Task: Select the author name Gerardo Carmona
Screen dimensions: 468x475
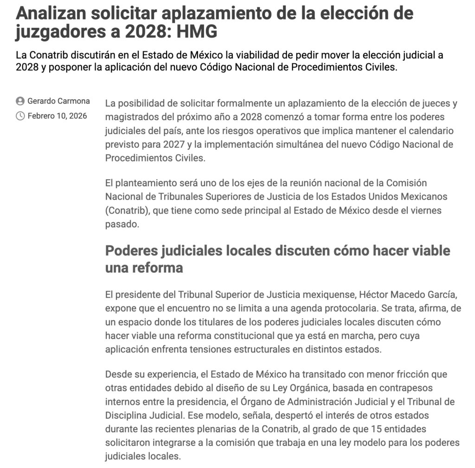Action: [59, 101]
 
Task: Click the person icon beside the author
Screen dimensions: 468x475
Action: [20, 101]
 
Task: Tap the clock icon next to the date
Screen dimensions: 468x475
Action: [20, 116]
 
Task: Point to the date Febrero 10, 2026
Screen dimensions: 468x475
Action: [57, 116]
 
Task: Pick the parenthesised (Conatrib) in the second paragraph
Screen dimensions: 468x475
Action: [126, 210]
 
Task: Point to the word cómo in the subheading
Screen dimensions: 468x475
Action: [336, 251]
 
